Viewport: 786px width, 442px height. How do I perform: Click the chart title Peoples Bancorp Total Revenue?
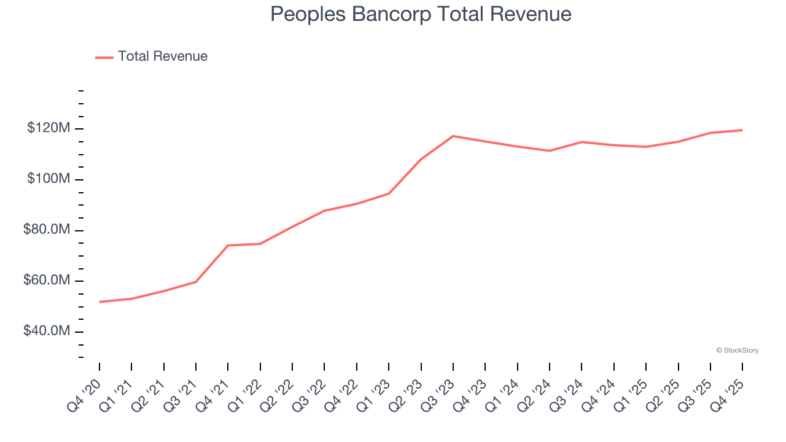click(x=421, y=14)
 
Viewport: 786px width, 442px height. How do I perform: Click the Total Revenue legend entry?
click(x=163, y=56)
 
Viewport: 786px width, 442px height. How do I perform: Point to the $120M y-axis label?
click(x=49, y=128)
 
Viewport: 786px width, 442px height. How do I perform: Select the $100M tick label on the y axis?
click(x=49, y=179)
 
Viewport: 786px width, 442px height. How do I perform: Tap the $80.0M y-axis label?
click(x=47, y=230)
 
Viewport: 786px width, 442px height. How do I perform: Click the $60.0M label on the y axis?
click(x=47, y=281)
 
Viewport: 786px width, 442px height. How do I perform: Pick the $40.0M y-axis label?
click(x=47, y=331)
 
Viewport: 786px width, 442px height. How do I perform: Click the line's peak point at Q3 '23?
click(x=453, y=136)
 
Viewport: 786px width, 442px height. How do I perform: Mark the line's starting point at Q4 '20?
click(x=99, y=302)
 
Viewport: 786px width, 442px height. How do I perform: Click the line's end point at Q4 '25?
click(x=742, y=130)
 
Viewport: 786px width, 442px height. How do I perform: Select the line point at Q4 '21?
click(x=228, y=246)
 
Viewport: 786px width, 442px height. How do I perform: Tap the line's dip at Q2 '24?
click(x=549, y=150)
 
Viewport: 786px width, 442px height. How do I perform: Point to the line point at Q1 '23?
click(x=388, y=193)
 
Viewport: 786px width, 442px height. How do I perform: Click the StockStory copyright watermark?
click(x=737, y=351)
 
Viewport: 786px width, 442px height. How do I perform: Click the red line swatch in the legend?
click(x=104, y=57)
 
